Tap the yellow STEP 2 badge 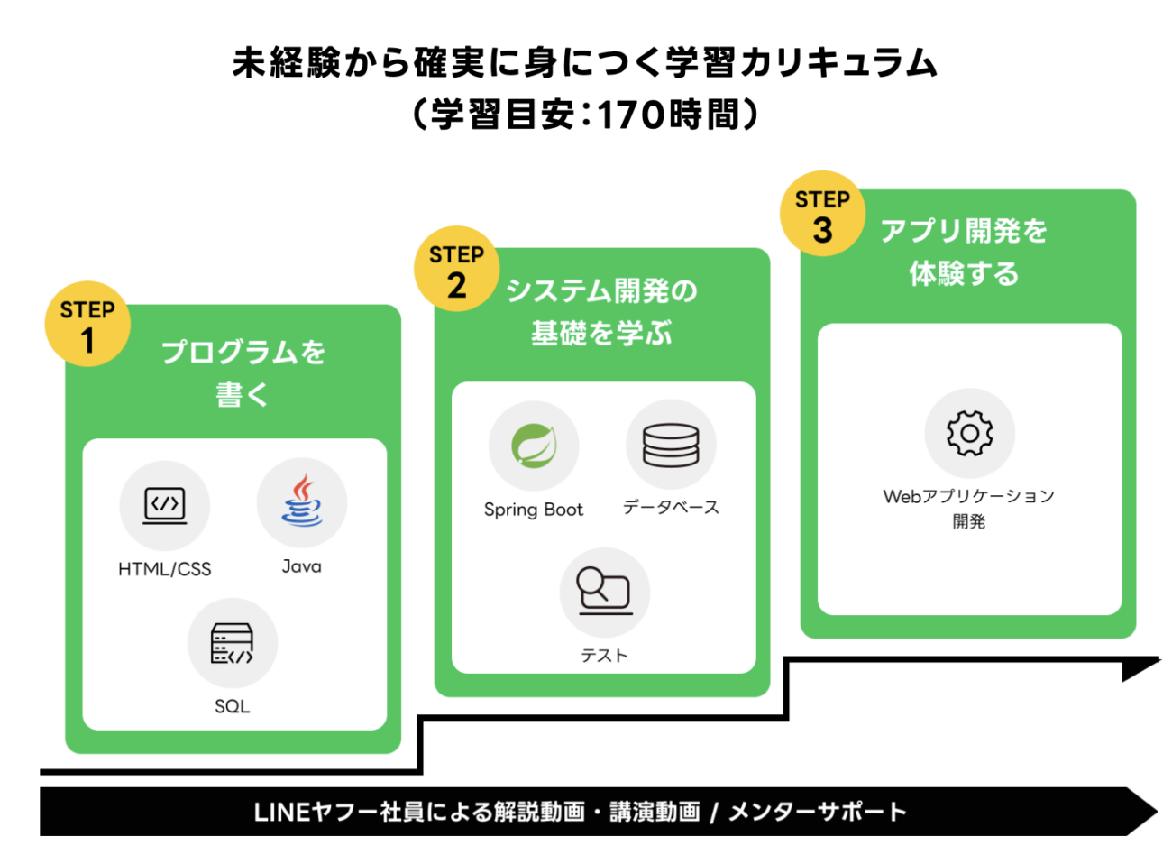click(x=456, y=269)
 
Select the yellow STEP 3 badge click(x=822, y=214)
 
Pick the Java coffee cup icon click(x=302, y=502)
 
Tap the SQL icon click(x=233, y=643)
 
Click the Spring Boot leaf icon click(x=534, y=446)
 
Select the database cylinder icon click(x=671, y=445)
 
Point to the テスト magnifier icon click(x=604, y=592)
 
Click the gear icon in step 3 click(x=969, y=434)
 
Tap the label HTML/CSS click(x=165, y=569)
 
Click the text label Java click(x=301, y=566)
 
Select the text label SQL click(x=233, y=706)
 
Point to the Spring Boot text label click(x=534, y=510)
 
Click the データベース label click(x=671, y=508)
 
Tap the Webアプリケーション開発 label click(x=969, y=508)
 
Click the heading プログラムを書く click(x=243, y=372)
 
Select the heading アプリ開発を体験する click(x=964, y=252)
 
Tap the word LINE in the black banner click(x=281, y=812)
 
